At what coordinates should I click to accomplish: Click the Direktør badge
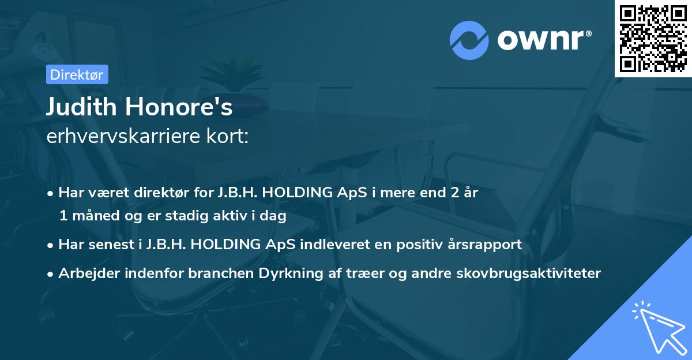pos(76,74)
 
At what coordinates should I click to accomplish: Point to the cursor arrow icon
pos(657,327)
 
